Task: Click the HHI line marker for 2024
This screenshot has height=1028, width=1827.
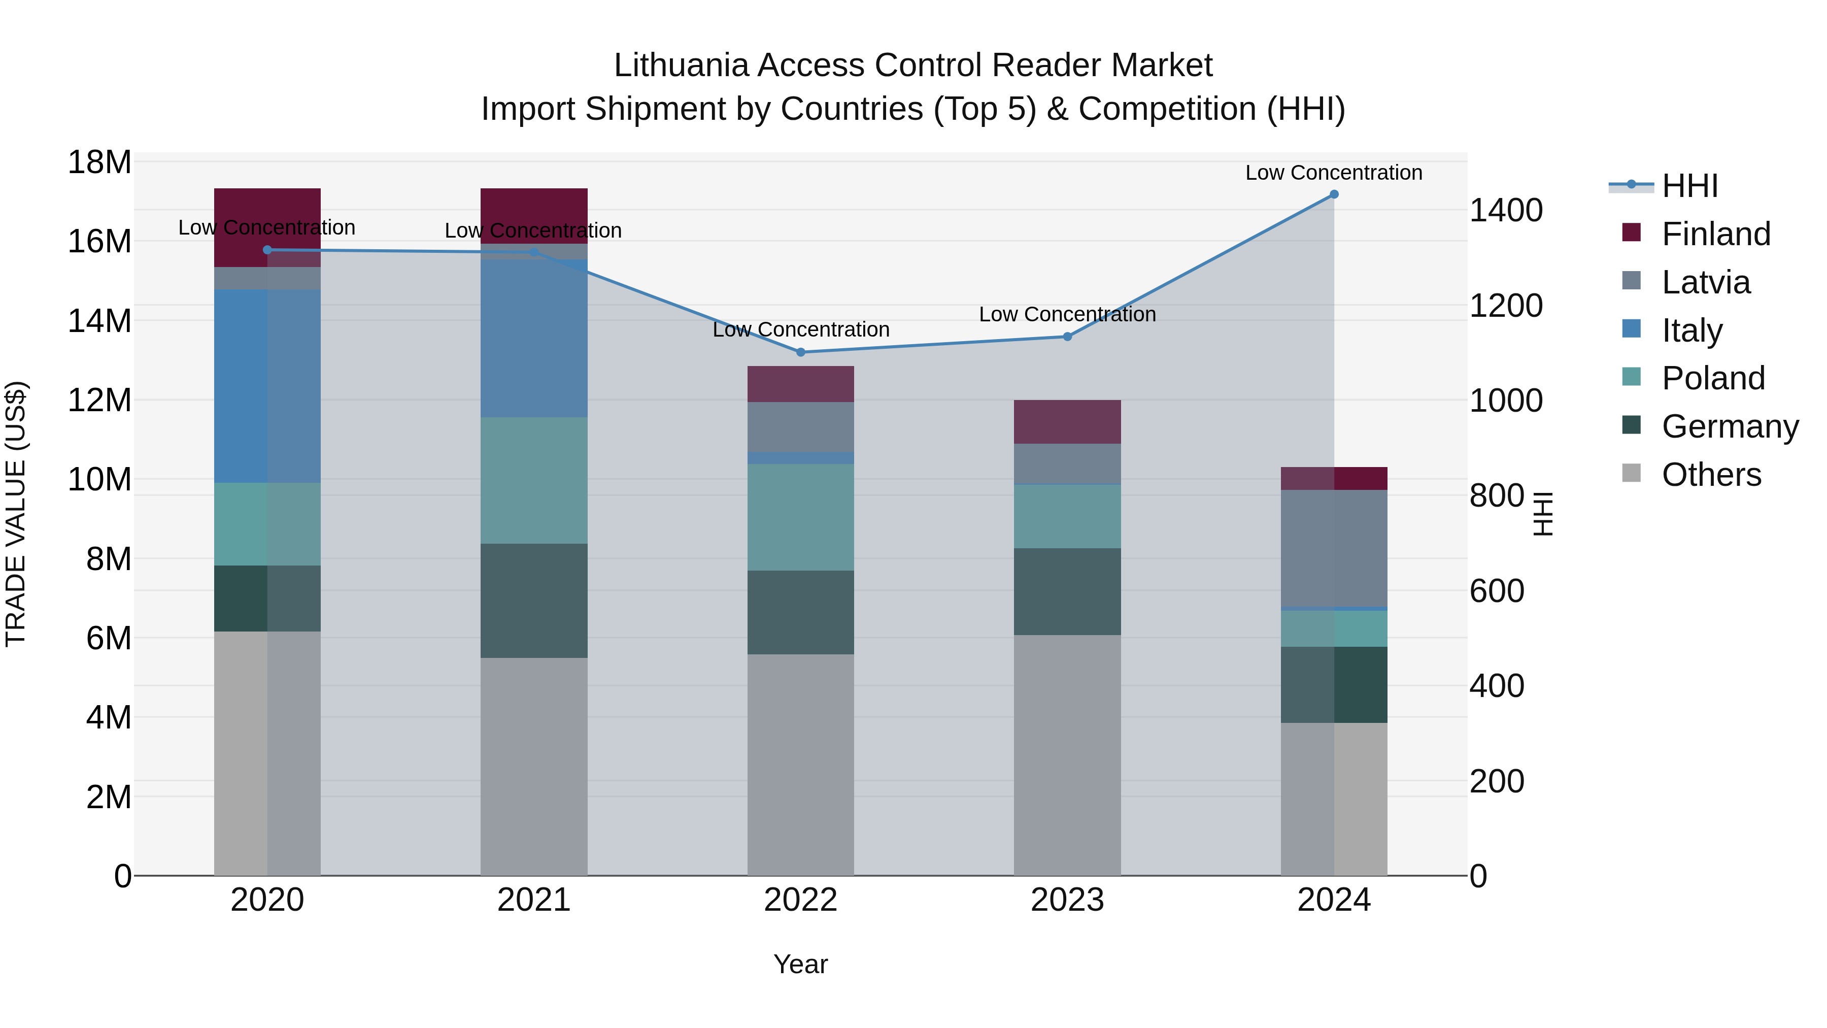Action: click(1334, 194)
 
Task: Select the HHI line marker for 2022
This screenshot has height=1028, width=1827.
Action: click(801, 352)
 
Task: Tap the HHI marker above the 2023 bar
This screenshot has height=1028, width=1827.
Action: click(1067, 336)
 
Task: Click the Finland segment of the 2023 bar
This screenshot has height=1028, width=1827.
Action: click(1067, 422)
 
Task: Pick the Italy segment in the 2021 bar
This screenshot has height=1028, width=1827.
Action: click(534, 338)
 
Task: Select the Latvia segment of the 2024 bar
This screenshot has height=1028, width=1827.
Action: click(1334, 548)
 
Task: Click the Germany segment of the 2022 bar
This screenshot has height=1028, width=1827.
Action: click(801, 612)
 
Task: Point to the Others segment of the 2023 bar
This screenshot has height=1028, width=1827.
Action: click(1067, 755)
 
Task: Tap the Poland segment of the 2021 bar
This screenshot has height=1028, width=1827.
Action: click(534, 480)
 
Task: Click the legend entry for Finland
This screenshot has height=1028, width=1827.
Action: click(1716, 234)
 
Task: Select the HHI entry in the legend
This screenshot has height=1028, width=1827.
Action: click(1689, 186)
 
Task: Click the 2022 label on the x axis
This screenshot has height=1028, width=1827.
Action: click(801, 900)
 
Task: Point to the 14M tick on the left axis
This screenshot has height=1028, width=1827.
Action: click(99, 321)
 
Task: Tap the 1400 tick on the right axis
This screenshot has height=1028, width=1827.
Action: click(1506, 210)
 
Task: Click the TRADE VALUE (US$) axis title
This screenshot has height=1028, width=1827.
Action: click(16, 514)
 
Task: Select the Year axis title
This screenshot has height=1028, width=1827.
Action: click(801, 964)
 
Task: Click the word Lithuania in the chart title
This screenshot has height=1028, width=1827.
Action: click(681, 65)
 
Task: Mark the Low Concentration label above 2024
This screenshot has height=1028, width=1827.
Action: click(1334, 173)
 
